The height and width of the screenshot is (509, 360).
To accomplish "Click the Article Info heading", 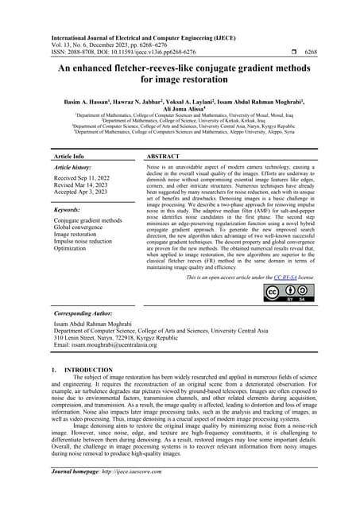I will point(68,157).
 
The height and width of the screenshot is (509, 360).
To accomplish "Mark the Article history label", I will point(76,169).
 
